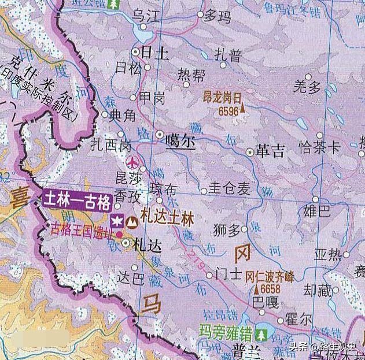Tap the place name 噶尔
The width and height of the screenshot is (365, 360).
tap(180, 141)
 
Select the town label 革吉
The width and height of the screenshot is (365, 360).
tap(270, 151)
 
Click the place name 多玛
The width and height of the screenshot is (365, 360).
tap(217, 16)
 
